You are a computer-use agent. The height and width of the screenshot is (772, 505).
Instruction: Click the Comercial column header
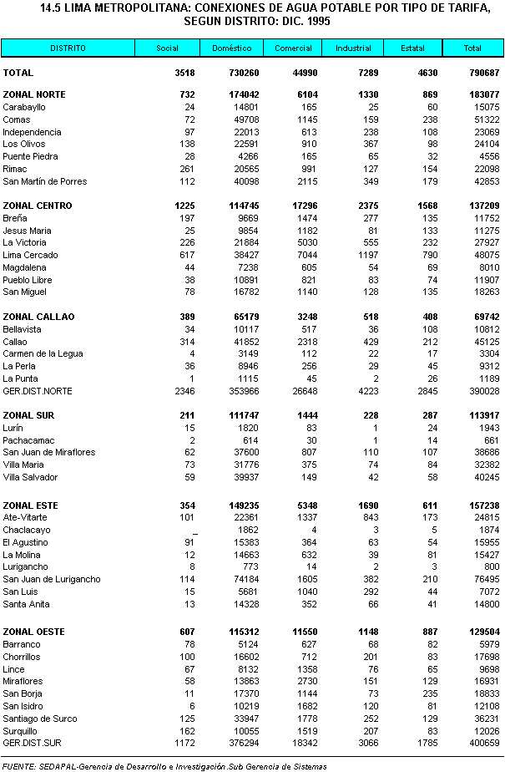[x=293, y=48]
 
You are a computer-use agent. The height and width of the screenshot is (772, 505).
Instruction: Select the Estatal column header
[x=412, y=48]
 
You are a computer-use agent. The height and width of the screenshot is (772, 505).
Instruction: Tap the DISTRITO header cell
[x=67, y=48]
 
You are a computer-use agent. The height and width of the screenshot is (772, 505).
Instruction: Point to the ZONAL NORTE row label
[x=35, y=95]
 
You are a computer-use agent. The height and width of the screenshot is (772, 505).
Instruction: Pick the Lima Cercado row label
[x=30, y=255]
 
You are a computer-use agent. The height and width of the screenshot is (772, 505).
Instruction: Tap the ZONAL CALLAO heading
[x=38, y=317]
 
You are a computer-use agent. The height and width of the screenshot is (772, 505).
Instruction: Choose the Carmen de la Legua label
[x=43, y=354]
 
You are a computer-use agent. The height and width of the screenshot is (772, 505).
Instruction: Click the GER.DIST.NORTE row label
[x=38, y=391]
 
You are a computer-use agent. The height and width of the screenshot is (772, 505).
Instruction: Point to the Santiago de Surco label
[x=40, y=719]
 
